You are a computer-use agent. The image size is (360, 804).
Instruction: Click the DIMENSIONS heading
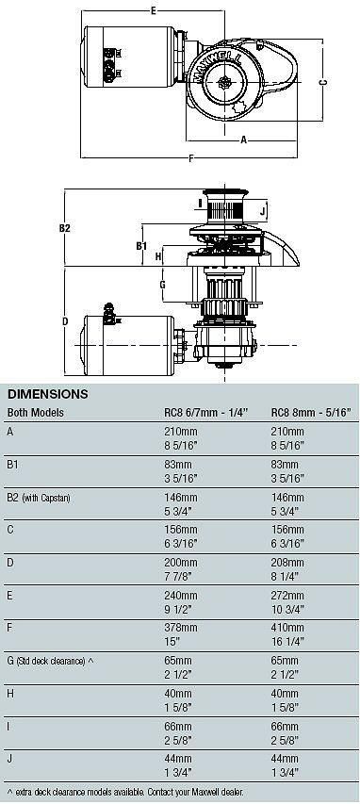tap(48, 394)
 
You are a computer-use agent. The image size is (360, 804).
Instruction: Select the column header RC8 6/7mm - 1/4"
tap(205, 413)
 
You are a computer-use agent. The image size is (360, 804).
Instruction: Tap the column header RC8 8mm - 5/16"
tap(314, 413)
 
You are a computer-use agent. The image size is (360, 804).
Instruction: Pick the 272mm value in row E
tap(287, 596)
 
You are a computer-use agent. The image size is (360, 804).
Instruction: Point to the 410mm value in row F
tap(287, 628)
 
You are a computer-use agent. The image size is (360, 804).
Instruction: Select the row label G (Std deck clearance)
tap(50, 662)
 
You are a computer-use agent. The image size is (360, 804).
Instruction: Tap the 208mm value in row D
tap(287, 563)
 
